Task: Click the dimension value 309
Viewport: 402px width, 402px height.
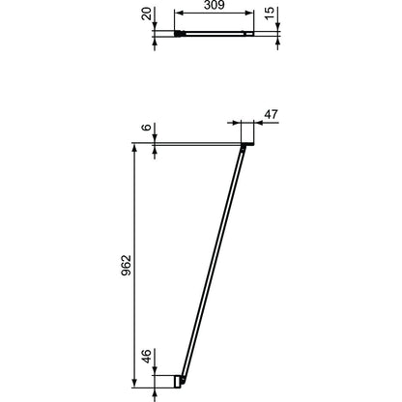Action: coord(214,5)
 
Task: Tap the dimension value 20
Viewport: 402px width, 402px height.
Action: coord(147,14)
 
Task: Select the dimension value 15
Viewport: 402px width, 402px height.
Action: coord(270,13)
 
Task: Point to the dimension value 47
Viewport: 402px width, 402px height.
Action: coord(271,114)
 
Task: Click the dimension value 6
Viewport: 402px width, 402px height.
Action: coord(147,128)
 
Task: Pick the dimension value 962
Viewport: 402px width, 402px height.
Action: coord(127,265)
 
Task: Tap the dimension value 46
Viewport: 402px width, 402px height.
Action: coord(147,357)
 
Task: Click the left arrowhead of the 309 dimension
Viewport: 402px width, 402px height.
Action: coord(179,13)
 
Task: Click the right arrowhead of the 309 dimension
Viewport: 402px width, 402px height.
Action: coord(249,13)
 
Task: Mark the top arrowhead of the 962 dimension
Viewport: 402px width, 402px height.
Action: coord(134,149)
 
